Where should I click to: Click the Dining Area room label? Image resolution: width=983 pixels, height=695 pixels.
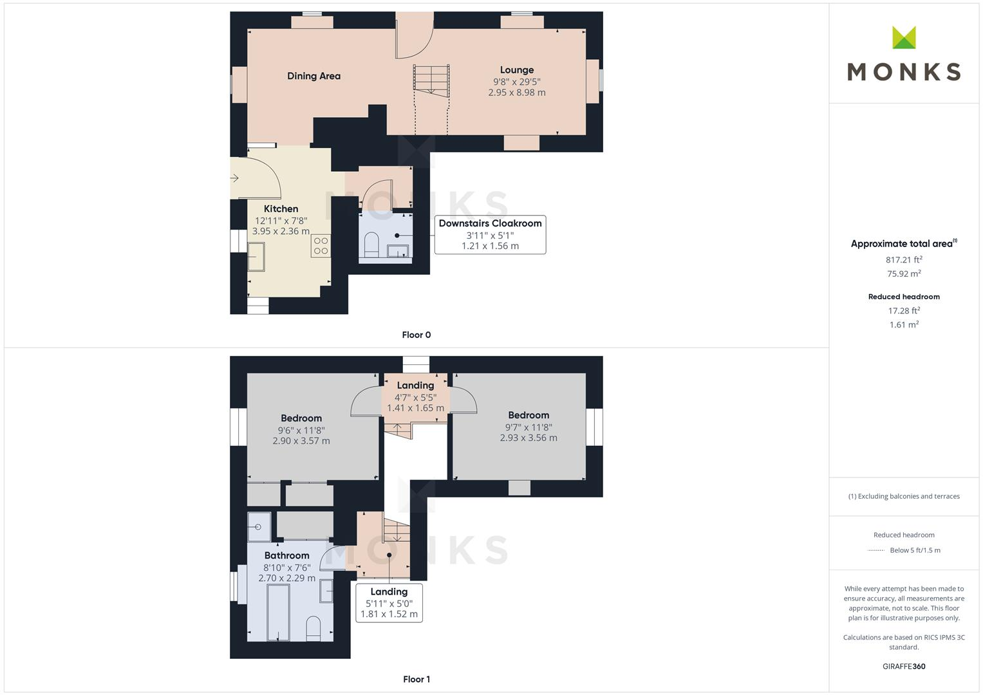pos(314,76)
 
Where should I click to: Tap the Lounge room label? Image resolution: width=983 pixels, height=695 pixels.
pos(517,70)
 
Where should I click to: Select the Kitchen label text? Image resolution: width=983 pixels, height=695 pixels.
pos(281,208)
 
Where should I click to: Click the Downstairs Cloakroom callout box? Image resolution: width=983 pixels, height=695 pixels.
pos(490,234)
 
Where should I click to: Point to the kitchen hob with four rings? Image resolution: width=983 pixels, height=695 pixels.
pos(321,246)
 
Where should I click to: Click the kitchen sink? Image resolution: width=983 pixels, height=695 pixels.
pos(256,256)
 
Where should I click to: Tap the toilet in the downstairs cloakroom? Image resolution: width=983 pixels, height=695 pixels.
pos(371,245)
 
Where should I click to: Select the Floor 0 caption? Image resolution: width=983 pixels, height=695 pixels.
pos(416,335)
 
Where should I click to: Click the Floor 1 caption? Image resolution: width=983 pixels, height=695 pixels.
pos(416,679)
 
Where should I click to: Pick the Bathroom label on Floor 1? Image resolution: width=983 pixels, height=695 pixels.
pos(286,555)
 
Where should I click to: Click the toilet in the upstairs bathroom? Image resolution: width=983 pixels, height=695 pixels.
pos(313,628)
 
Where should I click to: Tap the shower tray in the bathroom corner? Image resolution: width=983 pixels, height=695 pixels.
pos(259,526)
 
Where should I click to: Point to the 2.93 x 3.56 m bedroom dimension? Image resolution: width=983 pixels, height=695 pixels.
pos(529,438)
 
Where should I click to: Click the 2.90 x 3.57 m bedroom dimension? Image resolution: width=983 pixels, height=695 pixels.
pos(301,441)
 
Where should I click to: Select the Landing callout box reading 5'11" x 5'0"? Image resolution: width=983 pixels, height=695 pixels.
pos(389,602)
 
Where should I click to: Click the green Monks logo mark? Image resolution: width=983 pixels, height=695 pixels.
pos(904,38)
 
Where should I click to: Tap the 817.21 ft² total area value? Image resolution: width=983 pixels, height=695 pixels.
pos(904,260)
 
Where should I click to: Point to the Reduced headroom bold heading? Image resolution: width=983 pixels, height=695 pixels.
pos(904,297)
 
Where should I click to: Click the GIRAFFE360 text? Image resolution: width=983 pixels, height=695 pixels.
pos(904,666)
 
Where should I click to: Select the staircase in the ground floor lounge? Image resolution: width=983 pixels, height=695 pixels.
pos(431,81)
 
